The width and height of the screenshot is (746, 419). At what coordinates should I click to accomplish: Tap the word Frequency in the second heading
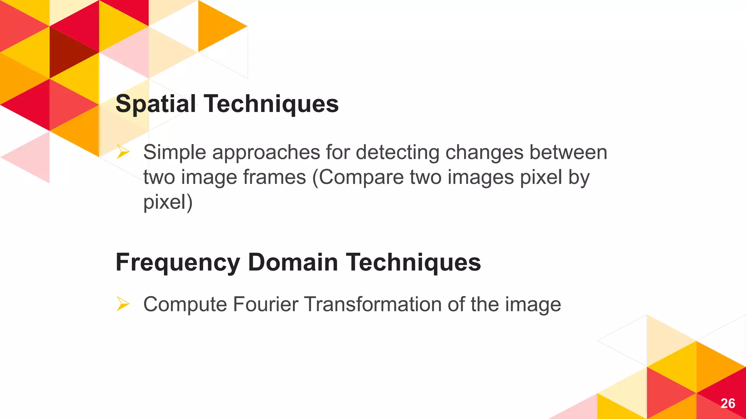[178, 263]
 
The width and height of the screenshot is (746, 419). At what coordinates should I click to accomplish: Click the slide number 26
[727, 403]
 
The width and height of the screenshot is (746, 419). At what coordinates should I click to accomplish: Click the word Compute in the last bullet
[185, 305]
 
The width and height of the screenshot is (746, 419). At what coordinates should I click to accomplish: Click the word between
[568, 152]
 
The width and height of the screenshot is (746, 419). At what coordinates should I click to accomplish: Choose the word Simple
[174, 153]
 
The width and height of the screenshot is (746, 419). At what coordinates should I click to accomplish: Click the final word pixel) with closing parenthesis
[168, 202]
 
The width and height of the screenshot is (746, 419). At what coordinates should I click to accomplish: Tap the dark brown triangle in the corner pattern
[69, 51]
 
